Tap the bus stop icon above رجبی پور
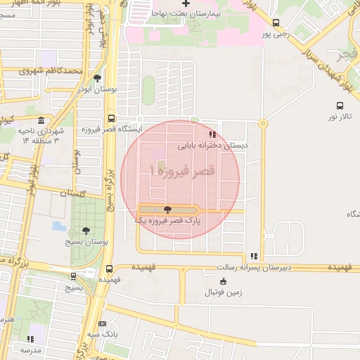[276, 22]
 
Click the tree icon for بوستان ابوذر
[97, 78]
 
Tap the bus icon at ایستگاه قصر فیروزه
[111, 119]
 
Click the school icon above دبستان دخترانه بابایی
[212, 134]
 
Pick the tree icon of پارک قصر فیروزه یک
[167, 209]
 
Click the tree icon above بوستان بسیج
[86, 230]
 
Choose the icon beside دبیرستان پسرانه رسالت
[254, 257]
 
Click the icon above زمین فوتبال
[224, 281]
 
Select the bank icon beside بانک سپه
[103, 323]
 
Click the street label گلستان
[72, 193]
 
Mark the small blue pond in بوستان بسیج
[58, 226]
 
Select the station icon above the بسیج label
[73, 276]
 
